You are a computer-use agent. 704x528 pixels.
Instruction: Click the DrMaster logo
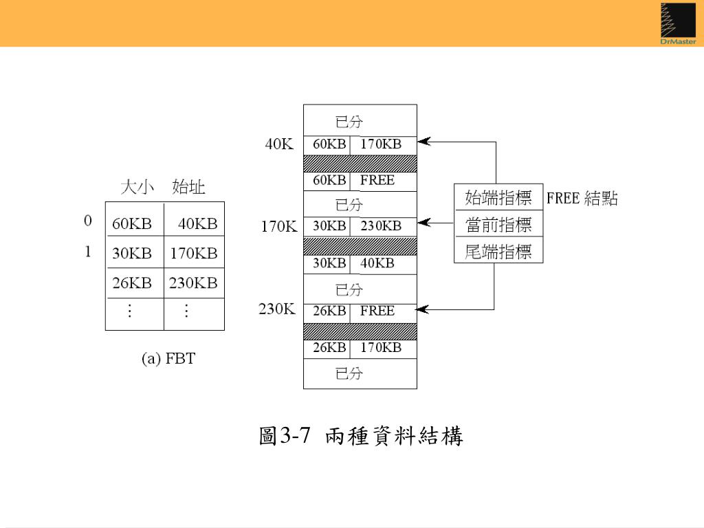tap(677, 23)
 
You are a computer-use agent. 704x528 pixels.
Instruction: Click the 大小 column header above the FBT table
tap(137, 187)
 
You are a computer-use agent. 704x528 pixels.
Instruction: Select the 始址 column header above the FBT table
tap(188, 187)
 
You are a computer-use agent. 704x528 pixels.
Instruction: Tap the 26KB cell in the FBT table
tap(131, 283)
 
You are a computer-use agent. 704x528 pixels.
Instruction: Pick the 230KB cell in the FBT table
tap(193, 283)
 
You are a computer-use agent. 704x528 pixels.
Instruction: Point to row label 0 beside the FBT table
tap(88, 221)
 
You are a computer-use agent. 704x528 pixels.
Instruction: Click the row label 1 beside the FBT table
tap(88, 252)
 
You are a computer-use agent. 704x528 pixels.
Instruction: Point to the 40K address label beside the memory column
tap(280, 144)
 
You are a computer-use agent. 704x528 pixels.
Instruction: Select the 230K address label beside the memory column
tap(277, 309)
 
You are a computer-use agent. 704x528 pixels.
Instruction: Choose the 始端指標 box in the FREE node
tap(498, 199)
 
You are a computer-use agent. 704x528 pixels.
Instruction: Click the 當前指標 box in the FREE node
tap(498, 225)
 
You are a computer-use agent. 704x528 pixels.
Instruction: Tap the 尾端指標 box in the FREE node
tap(498, 252)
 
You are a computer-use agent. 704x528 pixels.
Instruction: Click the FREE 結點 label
tap(582, 199)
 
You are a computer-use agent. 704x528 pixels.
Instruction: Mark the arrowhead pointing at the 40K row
tap(423, 142)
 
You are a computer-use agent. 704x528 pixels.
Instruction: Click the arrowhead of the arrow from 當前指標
tap(423, 223)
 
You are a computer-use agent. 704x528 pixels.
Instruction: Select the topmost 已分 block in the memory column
tap(360, 121)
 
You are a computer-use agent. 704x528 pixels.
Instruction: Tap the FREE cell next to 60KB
tap(377, 180)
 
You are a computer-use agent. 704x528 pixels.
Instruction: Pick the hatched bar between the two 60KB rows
tap(360, 163)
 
